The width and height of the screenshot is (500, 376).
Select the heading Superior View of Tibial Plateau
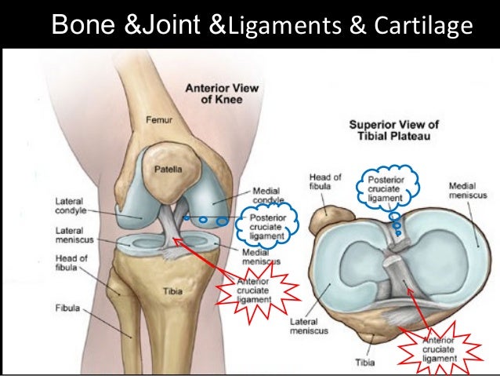tap(393, 130)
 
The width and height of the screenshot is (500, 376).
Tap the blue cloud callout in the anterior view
tap(261, 225)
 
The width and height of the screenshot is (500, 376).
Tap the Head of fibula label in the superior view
tap(324, 183)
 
